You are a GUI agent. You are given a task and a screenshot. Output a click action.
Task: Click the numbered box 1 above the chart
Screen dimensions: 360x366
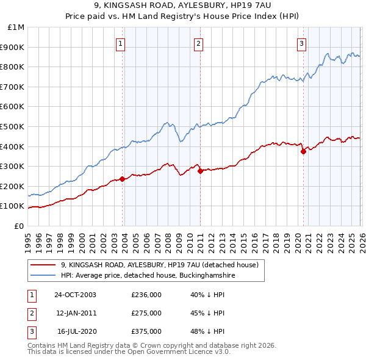(x=121, y=43)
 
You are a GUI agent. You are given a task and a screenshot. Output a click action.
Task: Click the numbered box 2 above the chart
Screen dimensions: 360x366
(x=199, y=43)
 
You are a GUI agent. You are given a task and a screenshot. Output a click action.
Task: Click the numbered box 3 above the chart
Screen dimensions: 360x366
(x=301, y=43)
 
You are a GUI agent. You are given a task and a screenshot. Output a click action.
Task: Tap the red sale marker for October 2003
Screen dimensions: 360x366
(x=122, y=179)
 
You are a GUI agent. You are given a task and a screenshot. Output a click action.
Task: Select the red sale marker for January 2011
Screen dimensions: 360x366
(x=200, y=171)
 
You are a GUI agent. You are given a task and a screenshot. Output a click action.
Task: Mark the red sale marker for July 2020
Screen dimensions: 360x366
(x=303, y=153)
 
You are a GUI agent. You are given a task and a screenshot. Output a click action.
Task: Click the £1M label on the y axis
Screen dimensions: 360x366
(x=16, y=27)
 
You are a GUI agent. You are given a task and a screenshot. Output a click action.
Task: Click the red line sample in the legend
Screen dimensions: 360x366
(x=43, y=265)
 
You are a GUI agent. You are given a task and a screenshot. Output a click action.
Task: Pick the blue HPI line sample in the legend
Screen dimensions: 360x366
(x=43, y=276)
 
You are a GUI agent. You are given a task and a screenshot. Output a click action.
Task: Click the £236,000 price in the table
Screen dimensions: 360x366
(x=146, y=295)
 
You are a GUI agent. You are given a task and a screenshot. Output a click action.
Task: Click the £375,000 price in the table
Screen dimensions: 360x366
(x=146, y=331)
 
